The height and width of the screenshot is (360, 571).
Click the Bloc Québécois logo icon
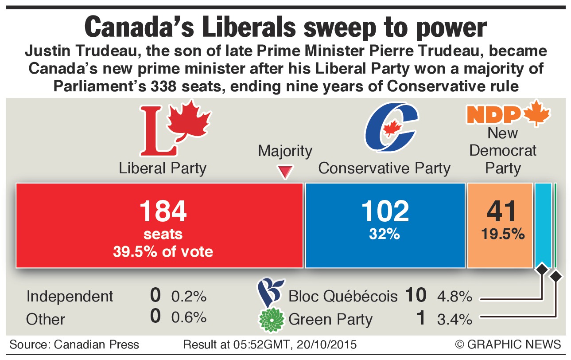click(x=269, y=292)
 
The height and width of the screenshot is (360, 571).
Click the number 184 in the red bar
click(x=163, y=211)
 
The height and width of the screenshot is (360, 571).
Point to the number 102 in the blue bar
click(x=385, y=211)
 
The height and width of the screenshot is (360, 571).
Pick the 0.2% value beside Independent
click(x=189, y=296)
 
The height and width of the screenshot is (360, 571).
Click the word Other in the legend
click(x=46, y=319)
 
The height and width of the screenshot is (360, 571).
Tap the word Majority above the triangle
click(x=285, y=151)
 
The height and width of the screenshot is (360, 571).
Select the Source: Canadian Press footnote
click(x=74, y=344)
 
